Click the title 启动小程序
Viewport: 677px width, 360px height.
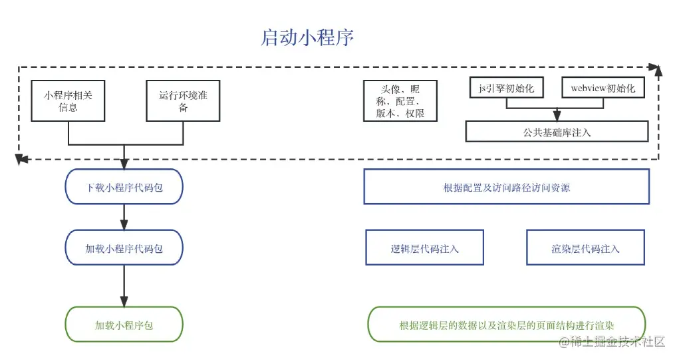(x=307, y=37)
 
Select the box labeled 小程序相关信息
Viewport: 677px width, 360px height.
(x=68, y=101)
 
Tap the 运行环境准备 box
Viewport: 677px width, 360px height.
(x=183, y=101)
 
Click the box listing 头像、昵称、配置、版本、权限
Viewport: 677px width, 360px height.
(x=400, y=101)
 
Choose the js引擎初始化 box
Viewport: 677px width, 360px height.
(x=507, y=88)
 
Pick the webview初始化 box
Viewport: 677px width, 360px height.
(x=603, y=88)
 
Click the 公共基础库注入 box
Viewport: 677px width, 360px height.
(x=557, y=132)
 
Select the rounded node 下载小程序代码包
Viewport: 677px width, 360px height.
(x=124, y=187)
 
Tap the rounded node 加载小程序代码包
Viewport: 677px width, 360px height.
(x=124, y=248)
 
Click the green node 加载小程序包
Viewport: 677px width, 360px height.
(x=124, y=325)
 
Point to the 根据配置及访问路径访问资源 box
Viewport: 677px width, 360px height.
(x=506, y=187)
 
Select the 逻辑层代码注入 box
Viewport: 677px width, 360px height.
(x=424, y=248)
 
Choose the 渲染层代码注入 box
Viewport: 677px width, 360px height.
(x=585, y=248)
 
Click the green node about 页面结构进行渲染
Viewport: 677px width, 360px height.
(x=506, y=325)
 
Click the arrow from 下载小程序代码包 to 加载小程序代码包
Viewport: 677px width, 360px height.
(x=124, y=217)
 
